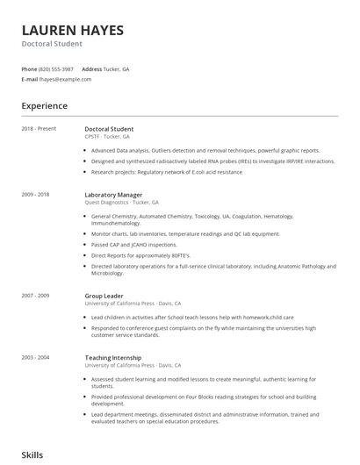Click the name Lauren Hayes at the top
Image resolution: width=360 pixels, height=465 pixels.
(72, 30)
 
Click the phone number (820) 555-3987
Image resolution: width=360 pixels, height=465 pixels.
(56, 68)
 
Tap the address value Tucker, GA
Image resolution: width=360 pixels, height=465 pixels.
(116, 68)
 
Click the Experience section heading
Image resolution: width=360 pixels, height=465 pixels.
(44, 106)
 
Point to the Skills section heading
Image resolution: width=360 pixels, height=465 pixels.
(32, 455)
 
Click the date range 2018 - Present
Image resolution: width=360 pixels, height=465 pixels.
(40, 129)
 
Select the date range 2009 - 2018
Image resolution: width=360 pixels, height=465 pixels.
(37, 194)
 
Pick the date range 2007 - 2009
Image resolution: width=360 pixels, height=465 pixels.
(37, 297)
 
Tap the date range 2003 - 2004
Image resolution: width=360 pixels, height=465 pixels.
(37, 358)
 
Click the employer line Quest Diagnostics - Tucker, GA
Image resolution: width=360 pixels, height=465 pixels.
(121, 202)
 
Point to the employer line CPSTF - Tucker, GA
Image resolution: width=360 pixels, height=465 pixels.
(107, 137)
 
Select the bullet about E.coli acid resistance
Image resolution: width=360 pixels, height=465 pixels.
(166, 172)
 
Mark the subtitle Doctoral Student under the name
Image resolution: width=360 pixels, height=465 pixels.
(52, 44)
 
